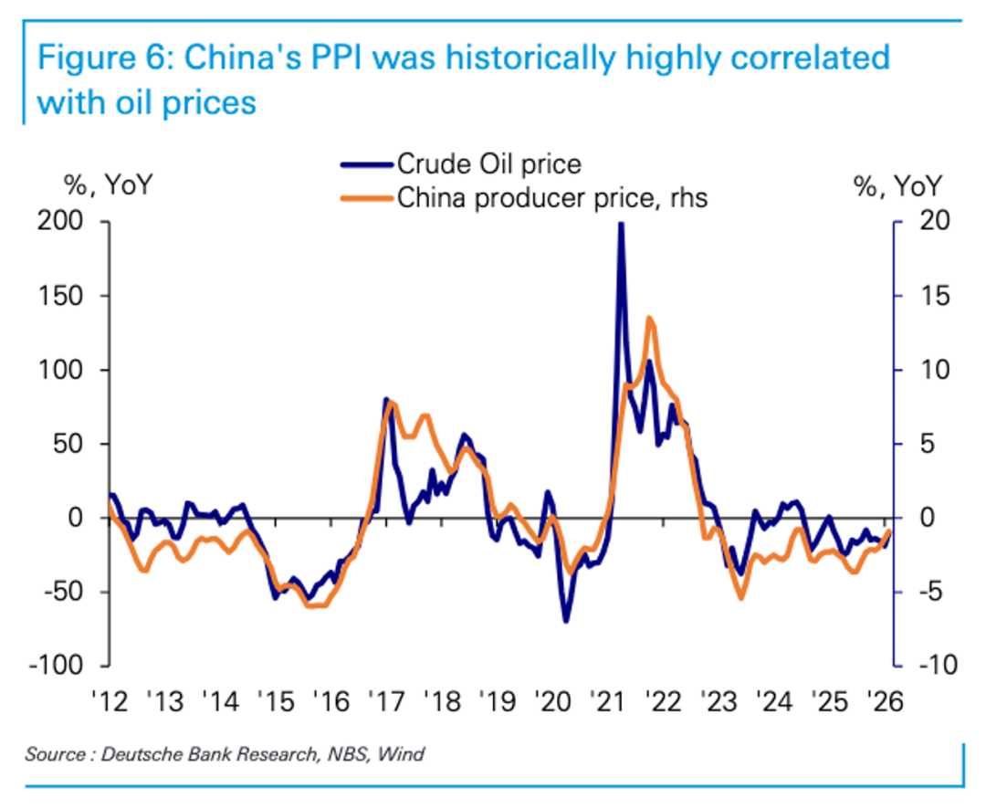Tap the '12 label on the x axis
coord(110,702)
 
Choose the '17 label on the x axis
coord(387,702)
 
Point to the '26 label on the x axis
coord(885,702)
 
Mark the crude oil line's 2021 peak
coord(621,225)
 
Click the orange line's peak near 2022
coord(648,318)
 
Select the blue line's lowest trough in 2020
coord(566,621)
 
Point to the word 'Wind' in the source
coord(401,754)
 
